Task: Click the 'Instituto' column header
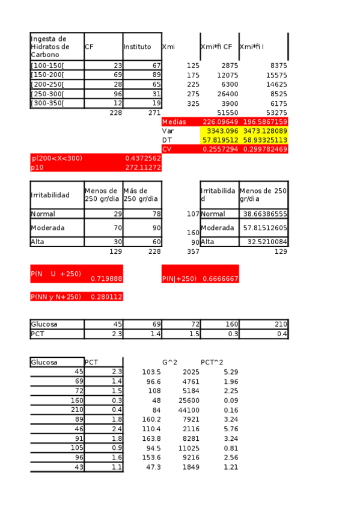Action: [x=137, y=46]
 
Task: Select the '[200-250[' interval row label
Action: [x=47, y=84]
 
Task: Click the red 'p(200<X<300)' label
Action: [x=57, y=158]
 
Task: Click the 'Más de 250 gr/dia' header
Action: [x=140, y=194]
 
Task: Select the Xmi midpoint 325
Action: [x=192, y=103]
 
